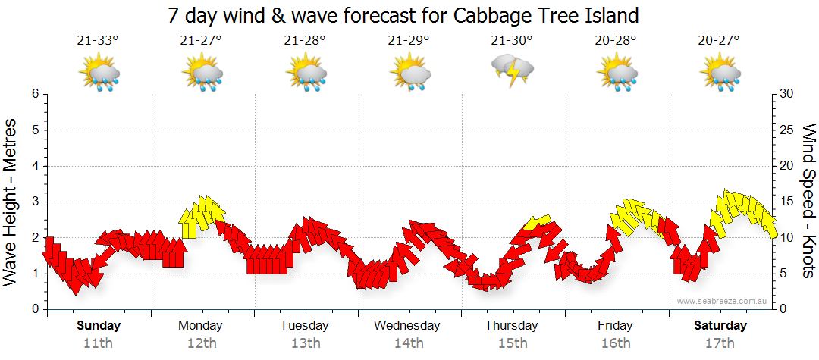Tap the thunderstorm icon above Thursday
coord(513,72)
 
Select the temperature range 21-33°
coord(98,41)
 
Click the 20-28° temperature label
coord(615,41)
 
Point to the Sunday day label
coord(98,326)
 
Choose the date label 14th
coord(408,343)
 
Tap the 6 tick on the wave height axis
coord(33,94)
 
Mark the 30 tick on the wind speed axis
coord(786,94)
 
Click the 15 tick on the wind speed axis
coord(786,202)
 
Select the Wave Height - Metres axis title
coord(12,202)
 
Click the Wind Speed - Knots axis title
coord(808,202)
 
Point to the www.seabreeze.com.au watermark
coord(723,301)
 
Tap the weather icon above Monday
coord(201,74)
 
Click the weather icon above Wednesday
coord(409,74)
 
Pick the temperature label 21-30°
coord(512,41)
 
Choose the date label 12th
coord(201,343)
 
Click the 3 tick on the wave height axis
coord(33,202)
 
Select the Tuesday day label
coord(304,326)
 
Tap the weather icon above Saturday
coord(720,74)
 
